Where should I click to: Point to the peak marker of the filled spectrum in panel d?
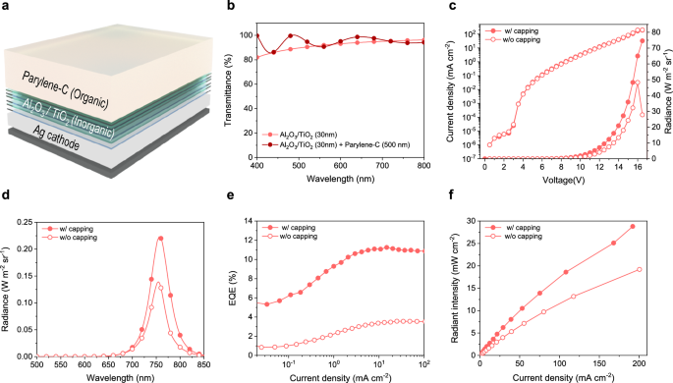point(160,238)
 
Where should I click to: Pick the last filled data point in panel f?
point(633,227)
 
